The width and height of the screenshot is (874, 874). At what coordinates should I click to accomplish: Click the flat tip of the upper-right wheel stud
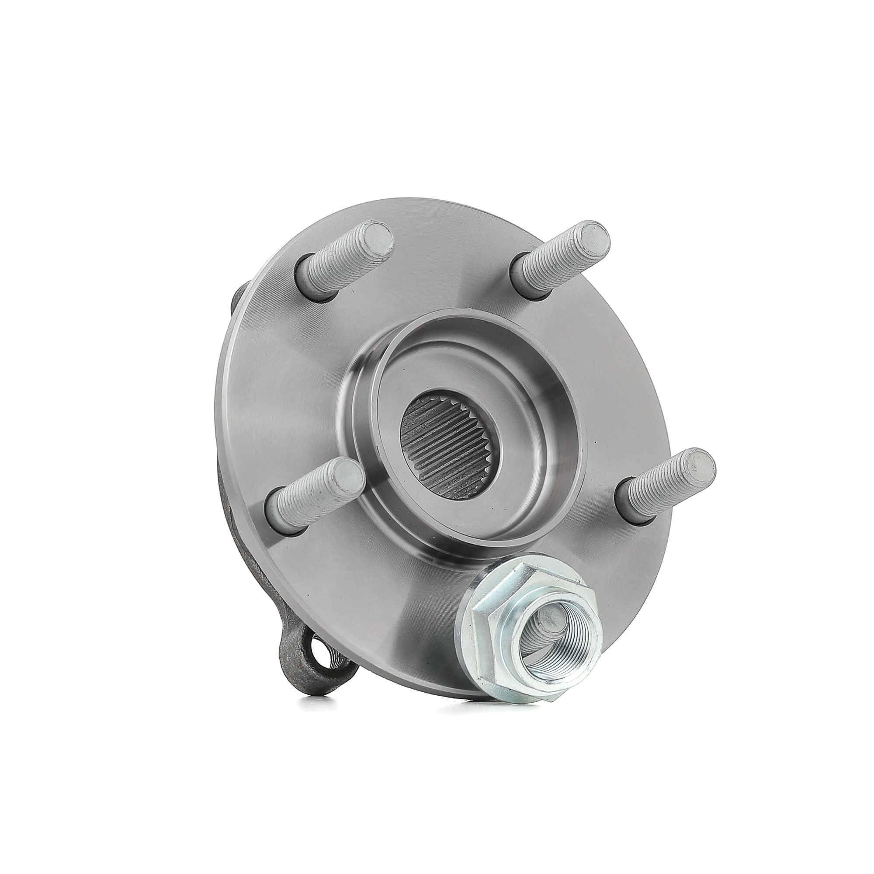point(593,236)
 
